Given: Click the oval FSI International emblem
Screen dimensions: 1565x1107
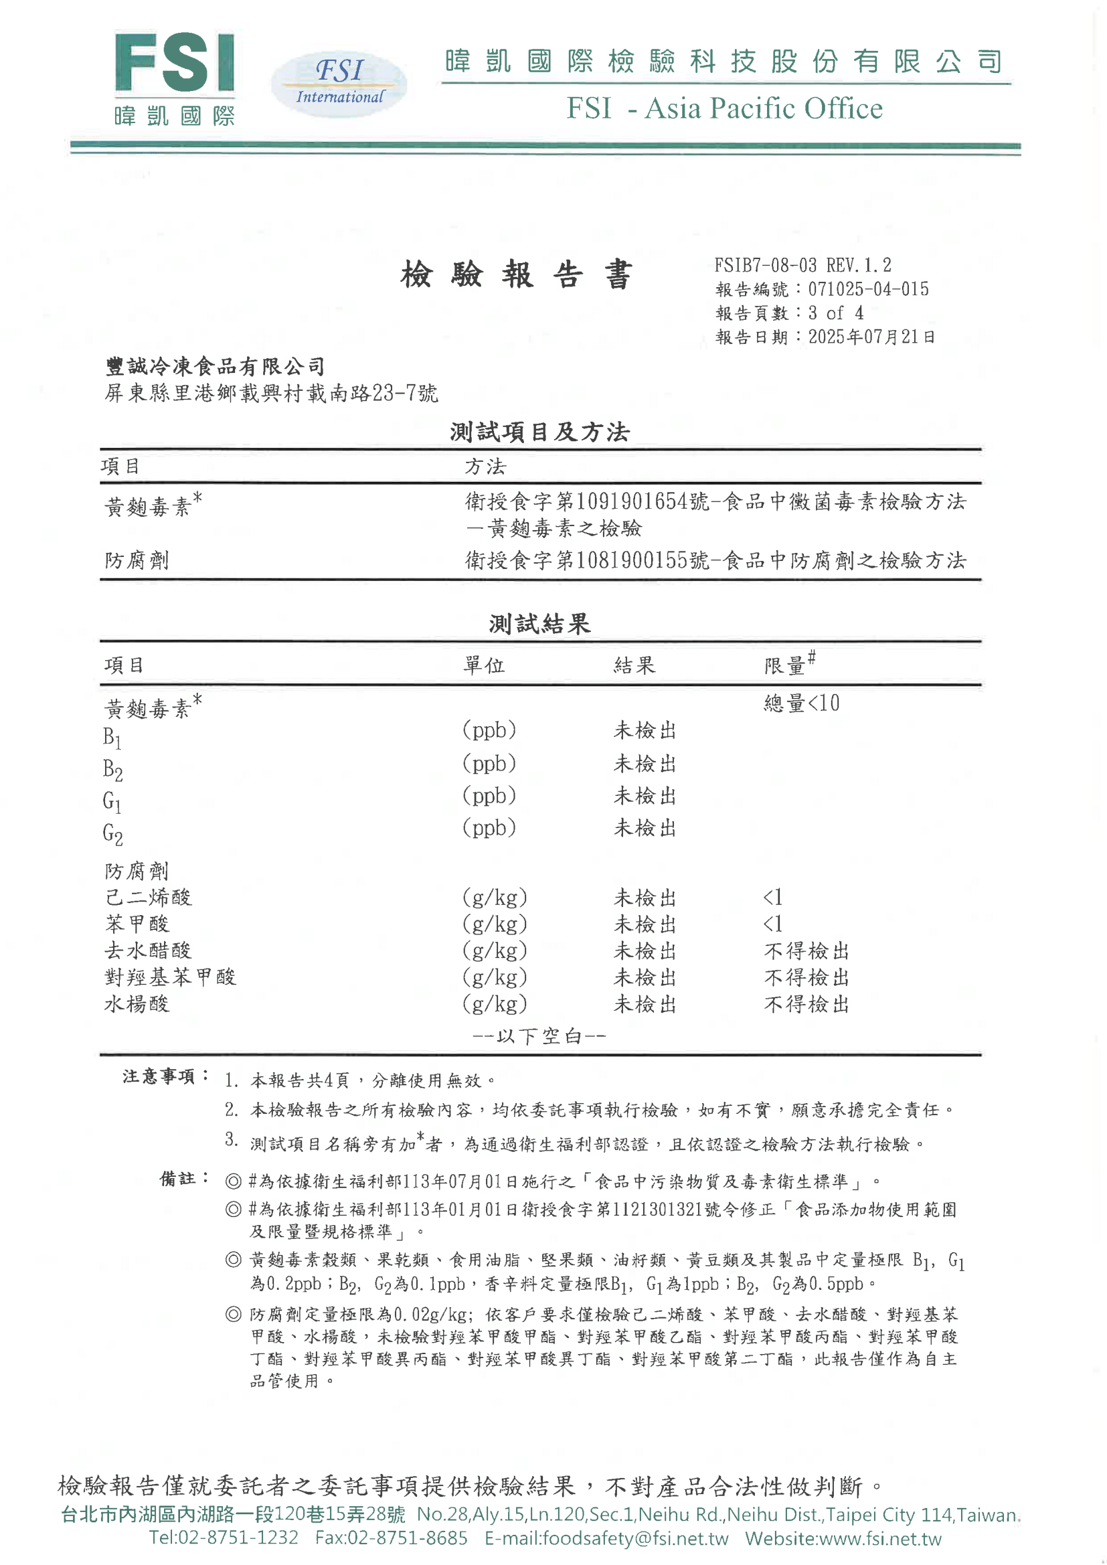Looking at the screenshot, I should [339, 84].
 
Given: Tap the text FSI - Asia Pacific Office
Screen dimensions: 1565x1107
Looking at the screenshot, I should [724, 108].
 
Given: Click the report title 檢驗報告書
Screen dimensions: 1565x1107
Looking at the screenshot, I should [517, 275].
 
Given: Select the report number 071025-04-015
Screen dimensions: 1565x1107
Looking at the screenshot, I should [868, 290].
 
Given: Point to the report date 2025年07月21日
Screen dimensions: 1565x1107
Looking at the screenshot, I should [871, 337].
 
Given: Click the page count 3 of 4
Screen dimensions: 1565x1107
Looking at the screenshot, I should [836, 313].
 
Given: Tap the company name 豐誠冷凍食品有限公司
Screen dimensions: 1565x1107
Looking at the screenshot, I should [216, 367].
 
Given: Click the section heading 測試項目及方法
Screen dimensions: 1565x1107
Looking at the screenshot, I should [539, 432].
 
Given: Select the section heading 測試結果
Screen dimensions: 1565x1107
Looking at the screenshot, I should [539, 624].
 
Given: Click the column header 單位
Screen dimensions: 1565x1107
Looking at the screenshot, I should [484, 665].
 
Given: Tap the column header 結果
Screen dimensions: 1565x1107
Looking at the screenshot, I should [634, 665].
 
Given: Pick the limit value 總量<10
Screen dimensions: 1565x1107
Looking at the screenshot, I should [802, 704].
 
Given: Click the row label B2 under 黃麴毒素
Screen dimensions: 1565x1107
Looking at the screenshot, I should [113, 770].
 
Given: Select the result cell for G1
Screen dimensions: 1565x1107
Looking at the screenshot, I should [645, 796].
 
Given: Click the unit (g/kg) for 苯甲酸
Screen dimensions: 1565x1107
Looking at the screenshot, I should [495, 924].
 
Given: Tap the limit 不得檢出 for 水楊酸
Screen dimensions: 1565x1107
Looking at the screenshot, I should [806, 1004].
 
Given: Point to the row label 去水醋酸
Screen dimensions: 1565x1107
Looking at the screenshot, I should [148, 951].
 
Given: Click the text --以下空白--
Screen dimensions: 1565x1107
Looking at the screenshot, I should [539, 1037].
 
